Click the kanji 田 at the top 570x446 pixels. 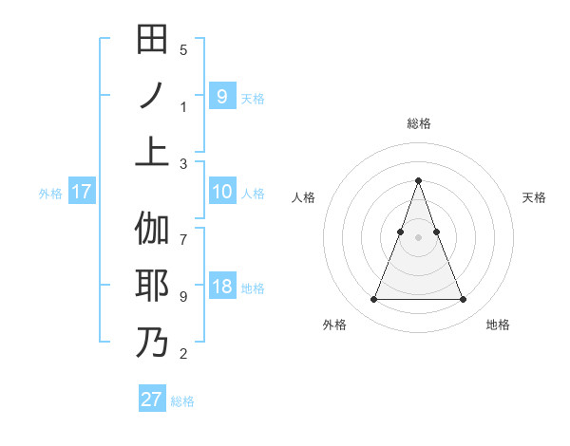152,40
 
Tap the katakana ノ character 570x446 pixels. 152,95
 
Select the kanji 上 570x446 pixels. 152,150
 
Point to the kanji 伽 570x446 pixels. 152,231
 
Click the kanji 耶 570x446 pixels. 152,286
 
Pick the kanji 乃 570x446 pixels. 152,341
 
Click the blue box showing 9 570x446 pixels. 221,96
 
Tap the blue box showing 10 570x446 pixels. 221,192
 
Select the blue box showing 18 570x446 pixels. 221,288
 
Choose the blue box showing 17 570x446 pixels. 82,192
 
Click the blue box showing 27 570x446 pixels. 151,400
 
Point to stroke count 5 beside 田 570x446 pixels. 183,50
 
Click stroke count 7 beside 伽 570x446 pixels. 183,231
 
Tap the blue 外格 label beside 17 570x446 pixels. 50,193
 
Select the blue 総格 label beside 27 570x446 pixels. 182,400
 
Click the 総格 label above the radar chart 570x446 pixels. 418,123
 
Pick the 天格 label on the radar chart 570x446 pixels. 534,197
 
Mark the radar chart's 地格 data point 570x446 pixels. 463,300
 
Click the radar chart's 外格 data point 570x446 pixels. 373,300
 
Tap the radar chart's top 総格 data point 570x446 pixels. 418,180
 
